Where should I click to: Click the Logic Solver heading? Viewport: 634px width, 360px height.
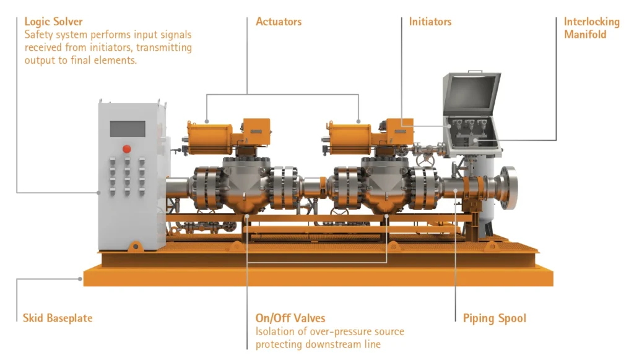53,22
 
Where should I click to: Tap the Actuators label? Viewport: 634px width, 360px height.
279,22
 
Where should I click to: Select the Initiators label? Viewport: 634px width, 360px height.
430,22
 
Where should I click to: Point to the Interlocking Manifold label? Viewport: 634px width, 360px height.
591,28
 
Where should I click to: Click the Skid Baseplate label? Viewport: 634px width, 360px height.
58,318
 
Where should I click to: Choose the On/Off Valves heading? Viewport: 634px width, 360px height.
290,318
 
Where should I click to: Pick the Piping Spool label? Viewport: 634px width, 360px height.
495,318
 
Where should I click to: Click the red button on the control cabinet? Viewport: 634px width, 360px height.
127,149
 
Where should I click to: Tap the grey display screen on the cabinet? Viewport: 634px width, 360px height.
128,129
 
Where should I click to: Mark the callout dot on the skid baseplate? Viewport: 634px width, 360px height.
82,279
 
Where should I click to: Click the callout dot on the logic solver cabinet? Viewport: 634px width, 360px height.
99,193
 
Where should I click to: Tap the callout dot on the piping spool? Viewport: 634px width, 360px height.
456,191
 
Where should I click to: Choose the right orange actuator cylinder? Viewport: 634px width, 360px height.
350,137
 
